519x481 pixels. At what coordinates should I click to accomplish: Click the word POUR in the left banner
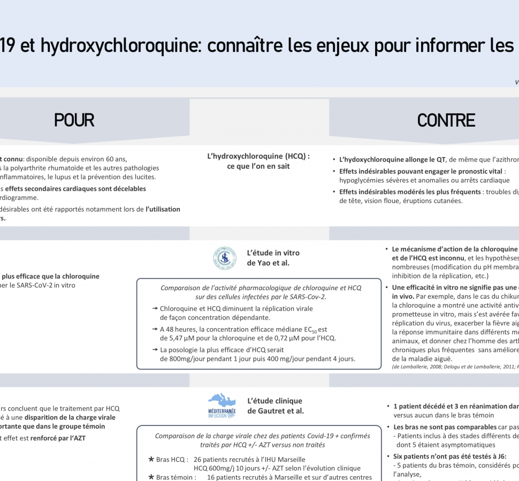click(74, 120)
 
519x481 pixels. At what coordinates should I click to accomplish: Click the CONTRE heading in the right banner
click(446, 120)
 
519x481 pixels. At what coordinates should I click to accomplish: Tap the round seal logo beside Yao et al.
click(224, 258)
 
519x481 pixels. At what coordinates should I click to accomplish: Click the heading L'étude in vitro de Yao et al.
click(273, 258)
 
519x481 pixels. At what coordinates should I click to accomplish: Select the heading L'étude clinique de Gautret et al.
click(275, 406)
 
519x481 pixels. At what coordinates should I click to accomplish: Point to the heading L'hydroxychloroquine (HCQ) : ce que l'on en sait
click(258, 161)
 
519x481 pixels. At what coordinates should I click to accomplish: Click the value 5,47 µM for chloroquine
click(187, 338)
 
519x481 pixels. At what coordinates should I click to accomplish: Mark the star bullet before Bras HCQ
click(151, 459)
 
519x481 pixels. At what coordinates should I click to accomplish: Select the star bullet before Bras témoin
click(151, 477)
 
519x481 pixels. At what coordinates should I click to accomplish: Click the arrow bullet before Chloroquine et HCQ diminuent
click(155, 309)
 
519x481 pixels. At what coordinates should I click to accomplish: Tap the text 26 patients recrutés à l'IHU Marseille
click(249, 459)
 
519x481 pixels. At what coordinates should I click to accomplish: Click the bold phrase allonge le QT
click(425, 159)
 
